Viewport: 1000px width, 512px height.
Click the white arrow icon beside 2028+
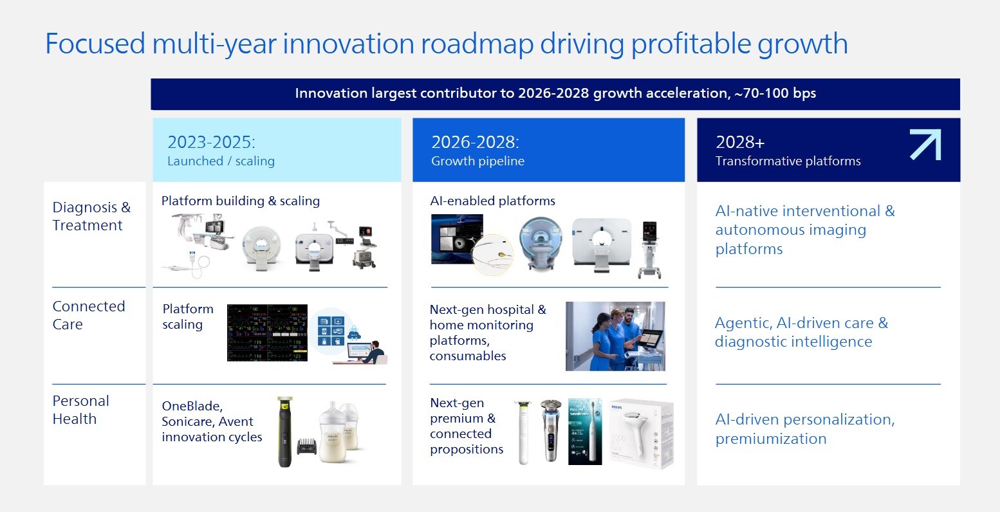pos(925,145)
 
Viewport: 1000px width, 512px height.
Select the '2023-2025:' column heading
pos(211,142)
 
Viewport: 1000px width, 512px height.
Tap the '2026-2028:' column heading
pos(475,142)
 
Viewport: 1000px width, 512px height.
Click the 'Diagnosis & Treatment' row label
pos(91,216)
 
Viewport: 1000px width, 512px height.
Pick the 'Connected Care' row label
pos(88,315)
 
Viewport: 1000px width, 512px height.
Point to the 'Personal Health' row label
pos(80,410)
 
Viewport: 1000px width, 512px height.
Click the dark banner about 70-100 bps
pos(555,94)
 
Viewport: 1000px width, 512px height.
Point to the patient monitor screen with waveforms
pos(267,333)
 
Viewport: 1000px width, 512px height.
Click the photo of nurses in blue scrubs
pos(615,336)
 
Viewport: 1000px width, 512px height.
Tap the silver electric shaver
pos(550,430)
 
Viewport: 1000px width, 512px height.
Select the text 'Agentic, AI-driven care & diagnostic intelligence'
pos(801,332)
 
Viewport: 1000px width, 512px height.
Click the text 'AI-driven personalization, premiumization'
pos(804,429)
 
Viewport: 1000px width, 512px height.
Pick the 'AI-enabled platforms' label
pos(492,201)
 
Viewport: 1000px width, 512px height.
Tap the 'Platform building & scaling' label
pos(240,201)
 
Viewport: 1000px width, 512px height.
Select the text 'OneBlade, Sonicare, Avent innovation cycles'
pos(212,422)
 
